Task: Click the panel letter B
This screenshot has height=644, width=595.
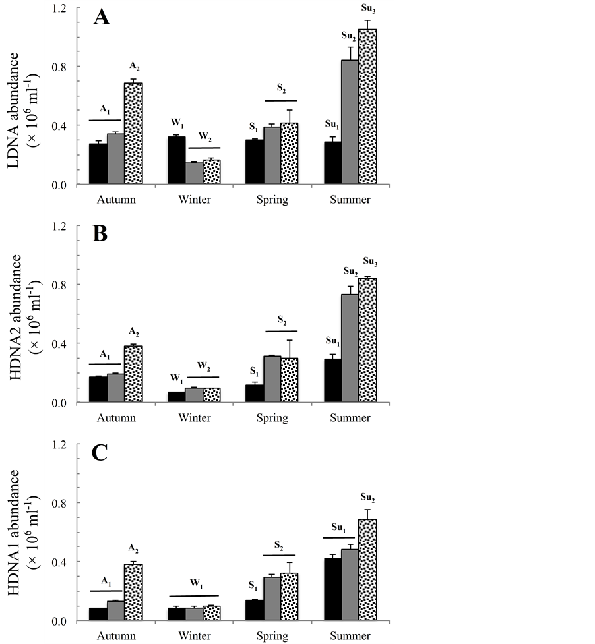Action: coord(100,235)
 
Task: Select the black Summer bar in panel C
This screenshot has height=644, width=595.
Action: coord(333,589)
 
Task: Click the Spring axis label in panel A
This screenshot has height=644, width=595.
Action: coord(272,200)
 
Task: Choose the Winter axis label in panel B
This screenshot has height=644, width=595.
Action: coord(195,418)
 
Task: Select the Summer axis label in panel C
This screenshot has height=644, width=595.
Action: coord(350,636)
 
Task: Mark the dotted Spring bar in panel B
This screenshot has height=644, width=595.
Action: coord(289,380)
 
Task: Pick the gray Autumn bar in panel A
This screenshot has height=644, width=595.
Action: coord(115,159)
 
